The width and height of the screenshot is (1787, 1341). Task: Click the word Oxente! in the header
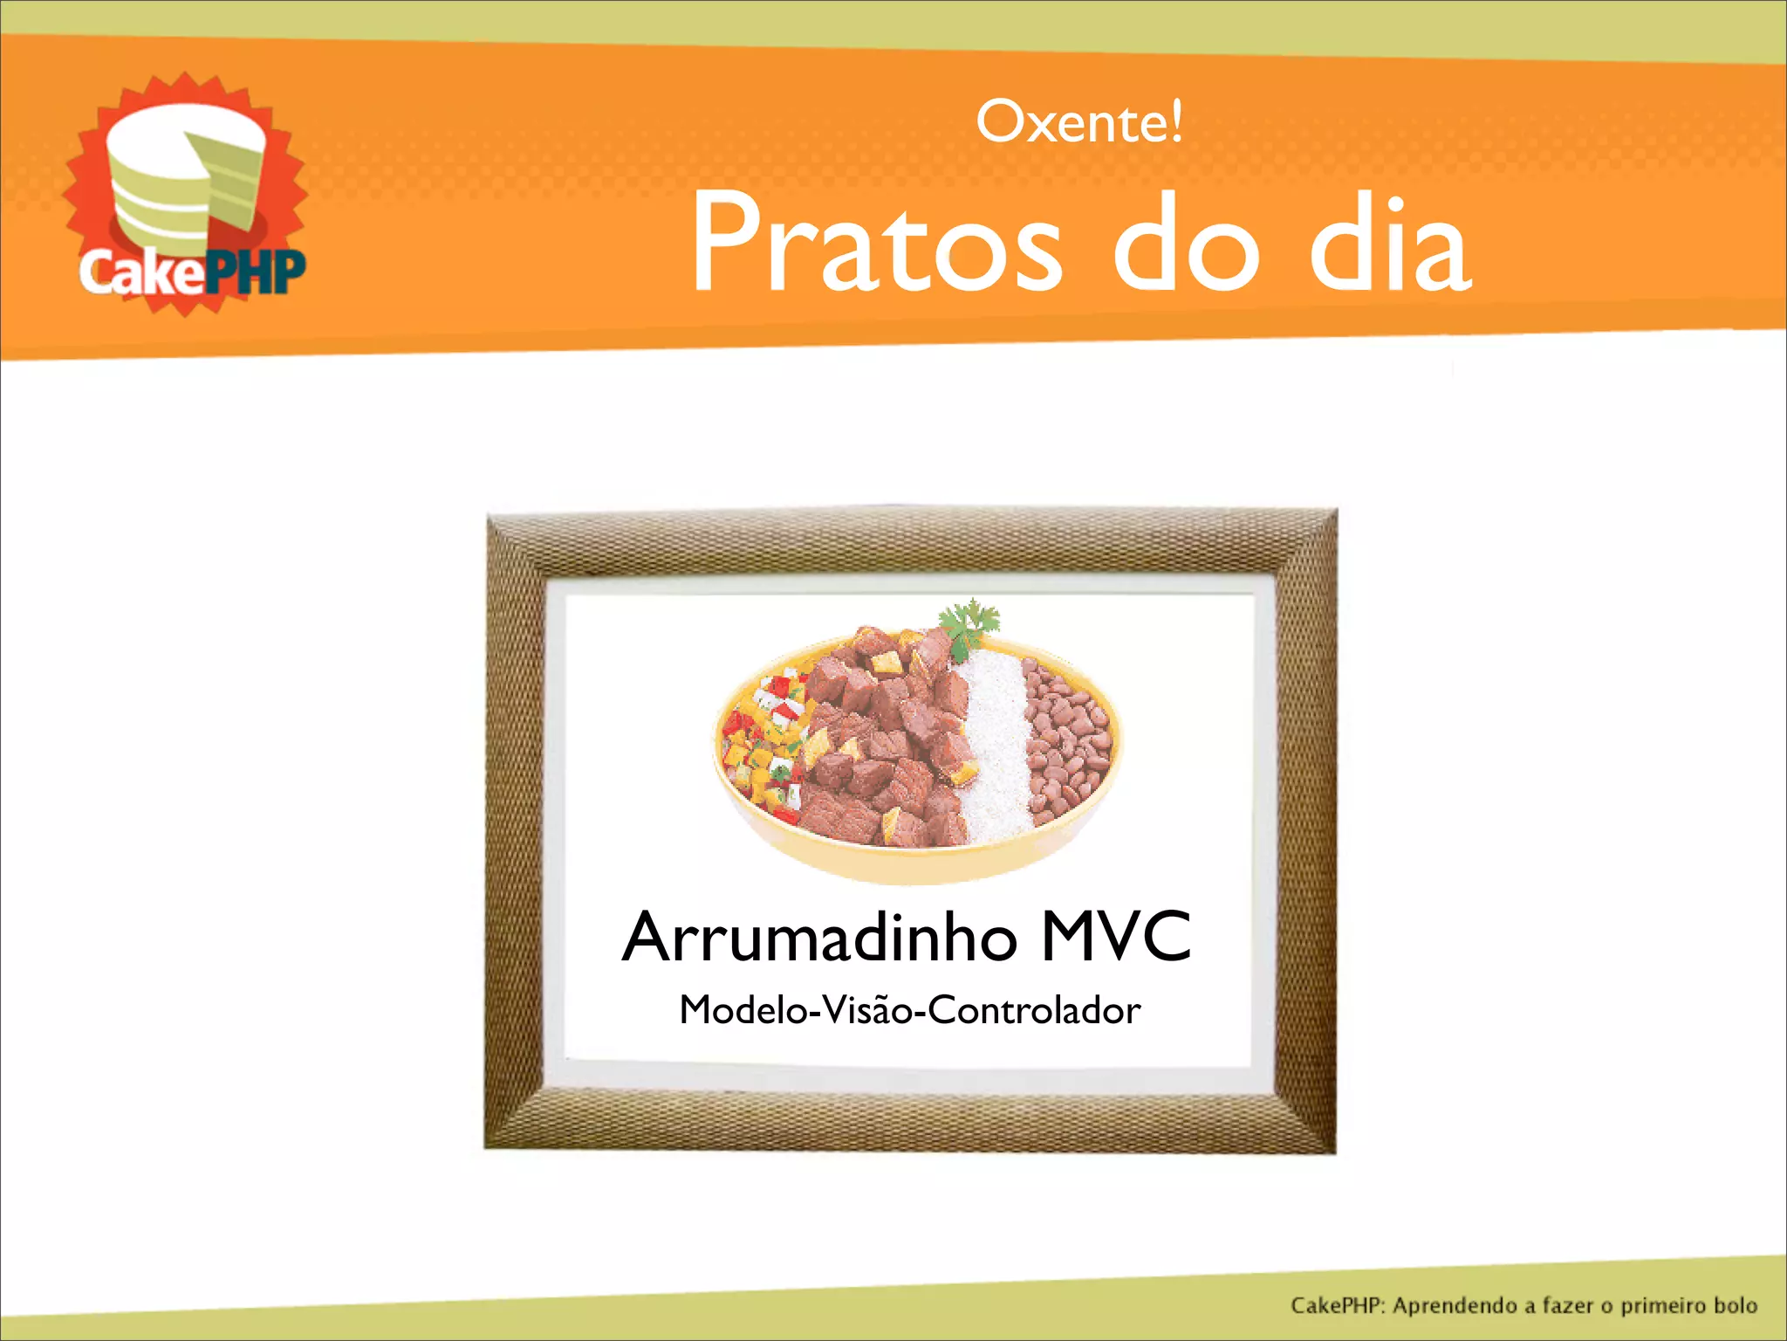(1079, 122)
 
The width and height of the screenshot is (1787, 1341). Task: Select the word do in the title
(1187, 242)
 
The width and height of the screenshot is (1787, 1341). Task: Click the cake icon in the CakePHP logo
(183, 179)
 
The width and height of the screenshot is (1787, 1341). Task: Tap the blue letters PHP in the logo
(257, 272)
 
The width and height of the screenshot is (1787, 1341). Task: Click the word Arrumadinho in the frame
(819, 937)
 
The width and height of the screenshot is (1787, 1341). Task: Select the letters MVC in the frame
(1116, 937)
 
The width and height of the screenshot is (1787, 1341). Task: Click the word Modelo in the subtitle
(743, 1011)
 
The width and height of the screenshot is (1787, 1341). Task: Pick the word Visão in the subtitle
(866, 1011)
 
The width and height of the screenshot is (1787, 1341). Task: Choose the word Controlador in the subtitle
(1034, 1011)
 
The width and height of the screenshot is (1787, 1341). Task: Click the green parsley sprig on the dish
(970, 625)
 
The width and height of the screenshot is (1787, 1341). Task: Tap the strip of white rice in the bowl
(996, 742)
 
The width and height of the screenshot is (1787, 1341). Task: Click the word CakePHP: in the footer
(1338, 1307)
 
